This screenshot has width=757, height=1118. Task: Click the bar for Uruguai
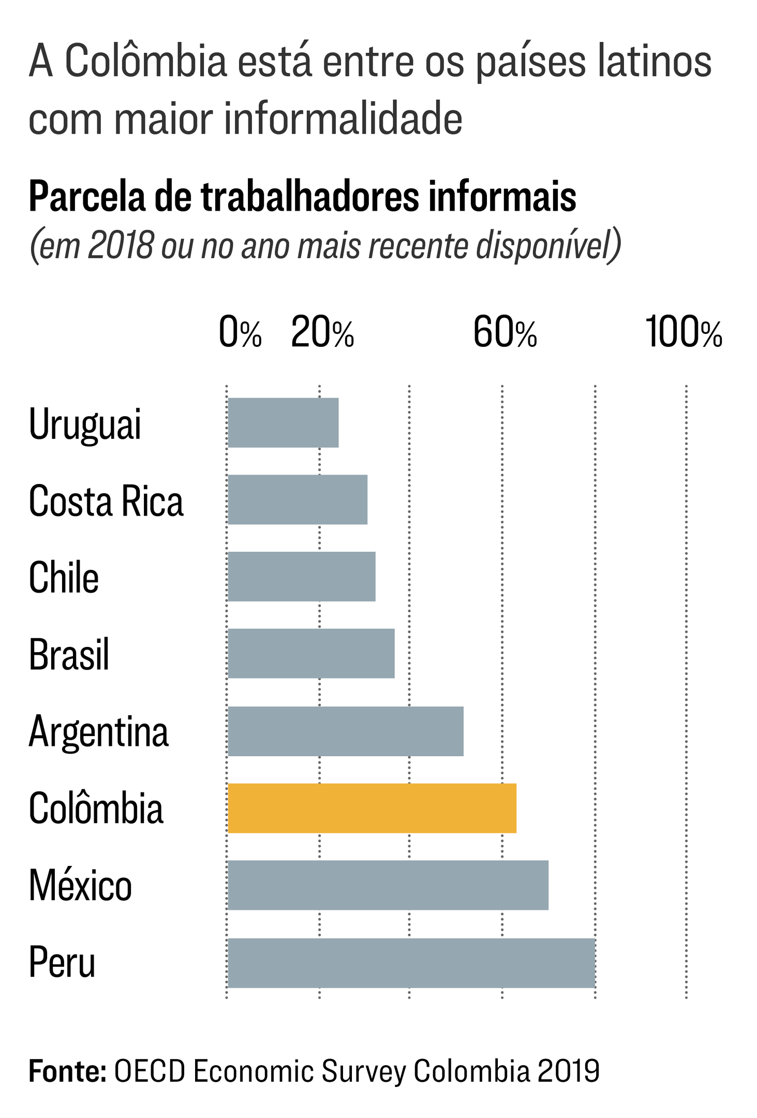point(283,422)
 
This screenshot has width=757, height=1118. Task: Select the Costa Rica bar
point(298,499)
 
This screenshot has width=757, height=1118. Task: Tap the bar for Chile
point(302,577)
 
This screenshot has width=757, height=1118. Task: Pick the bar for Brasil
point(311,653)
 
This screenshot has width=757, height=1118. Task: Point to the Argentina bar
point(346,731)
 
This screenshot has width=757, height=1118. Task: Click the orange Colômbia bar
point(372,808)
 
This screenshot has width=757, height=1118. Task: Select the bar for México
point(388,885)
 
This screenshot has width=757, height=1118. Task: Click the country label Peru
point(62,962)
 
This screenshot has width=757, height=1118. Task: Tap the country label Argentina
point(98,732)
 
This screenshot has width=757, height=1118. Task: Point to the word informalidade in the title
point(343,119)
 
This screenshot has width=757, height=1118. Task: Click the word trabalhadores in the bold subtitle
point(309,197)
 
